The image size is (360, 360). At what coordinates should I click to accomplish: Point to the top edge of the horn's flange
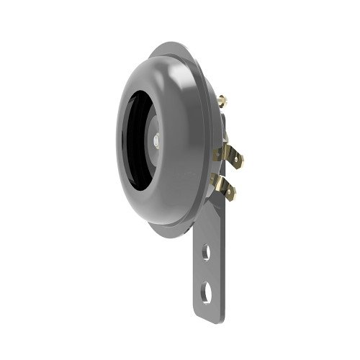point(173,45)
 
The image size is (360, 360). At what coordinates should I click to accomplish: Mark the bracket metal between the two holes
point(208,273)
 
